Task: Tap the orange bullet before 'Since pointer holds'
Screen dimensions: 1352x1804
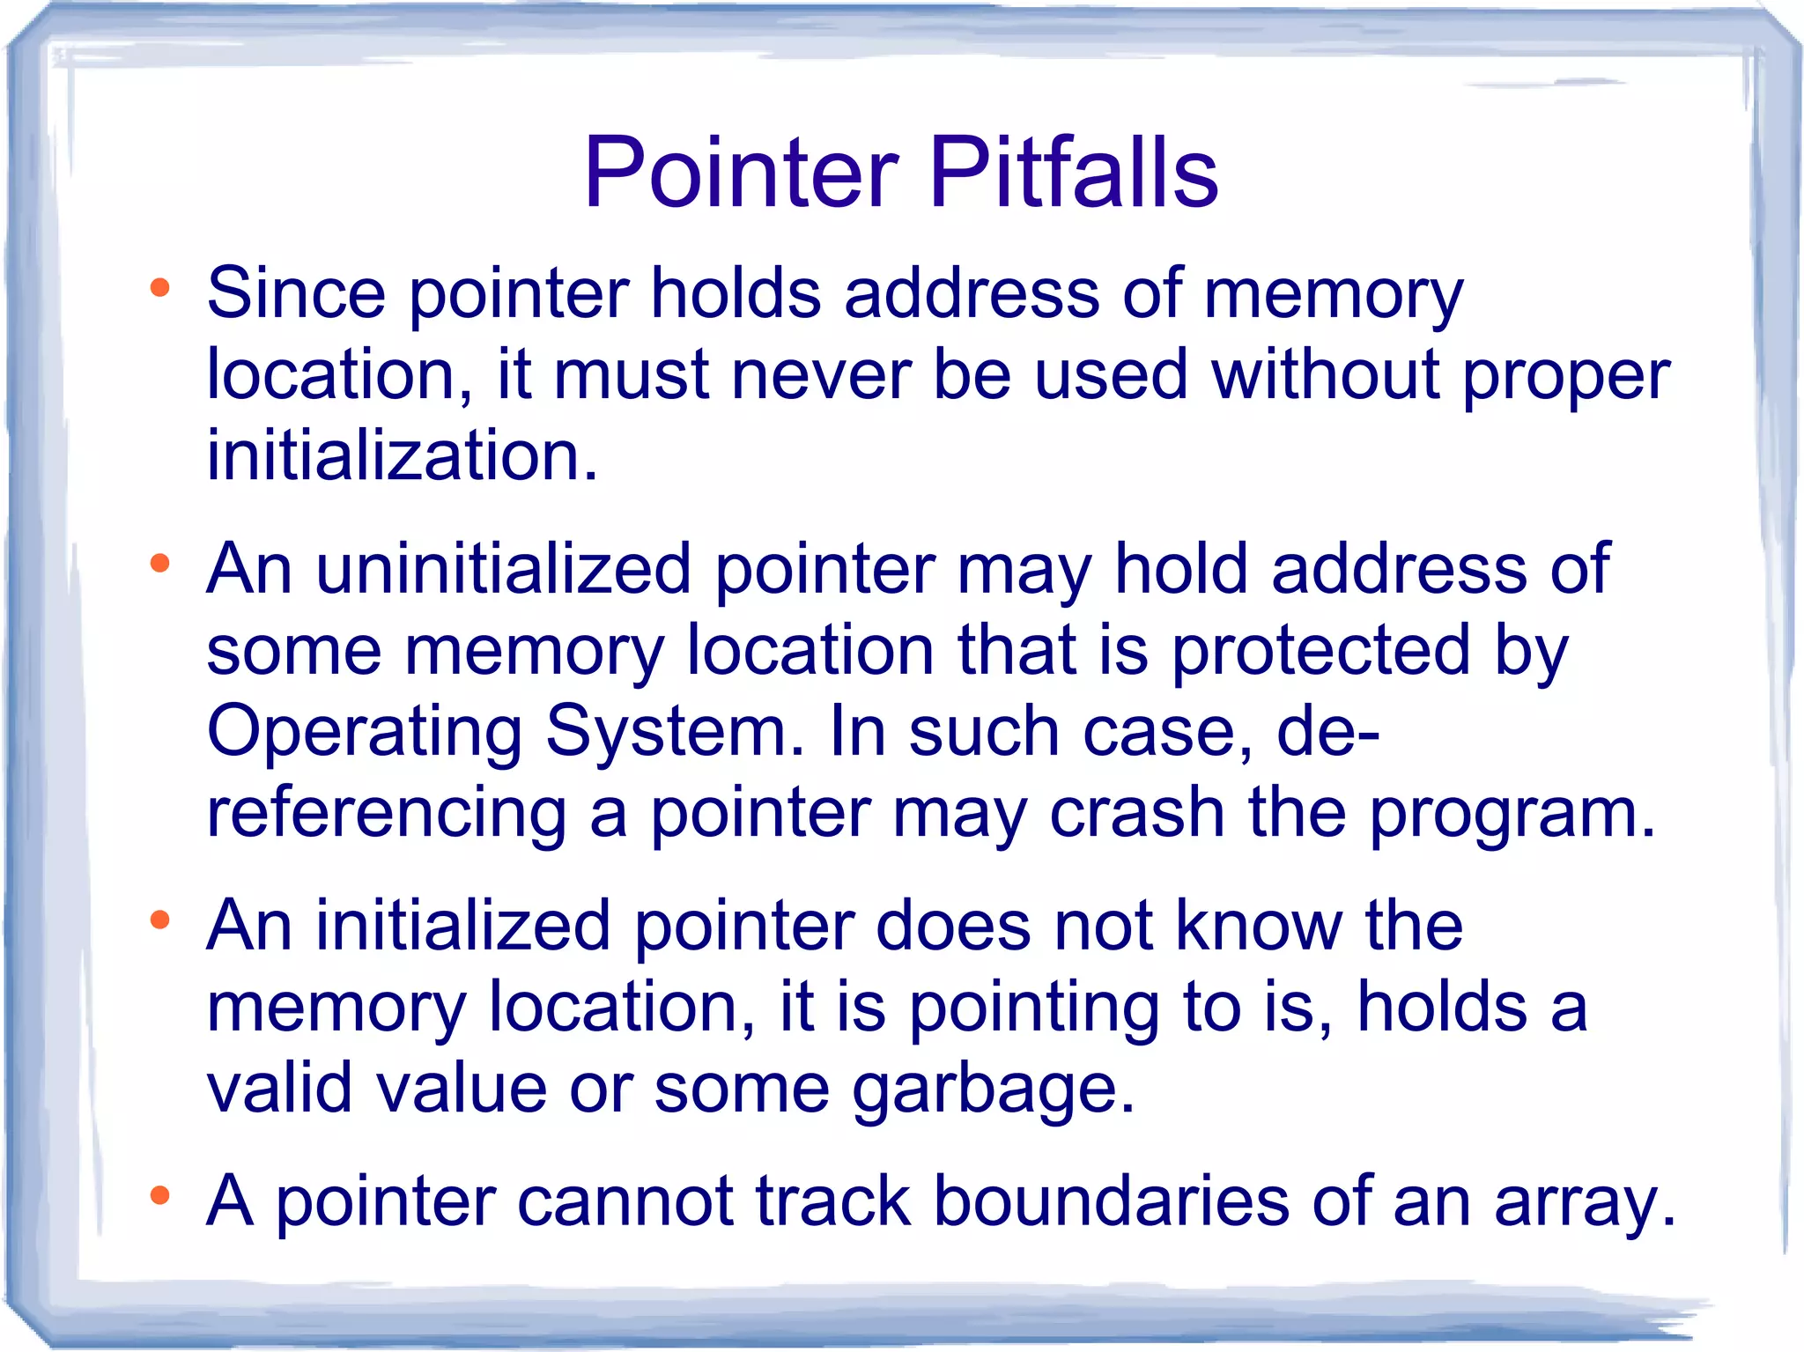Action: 159,288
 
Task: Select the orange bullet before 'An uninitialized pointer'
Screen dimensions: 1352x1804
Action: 159,564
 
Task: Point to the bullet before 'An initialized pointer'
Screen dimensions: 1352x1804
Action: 159,921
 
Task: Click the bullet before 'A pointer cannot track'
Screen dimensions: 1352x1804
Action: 159,1196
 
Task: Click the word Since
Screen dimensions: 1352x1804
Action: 296,292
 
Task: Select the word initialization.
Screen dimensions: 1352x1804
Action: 402,455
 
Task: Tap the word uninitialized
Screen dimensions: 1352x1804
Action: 503,569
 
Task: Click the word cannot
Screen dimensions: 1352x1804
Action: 625,1201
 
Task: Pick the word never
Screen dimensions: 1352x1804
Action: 821,375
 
